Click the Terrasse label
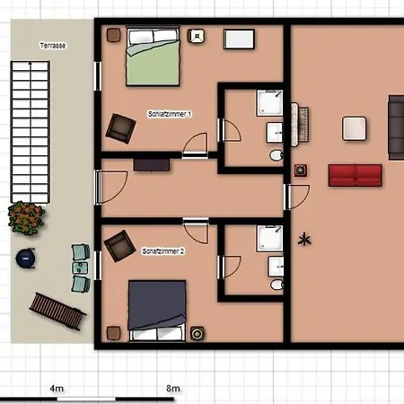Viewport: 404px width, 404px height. [53, 46]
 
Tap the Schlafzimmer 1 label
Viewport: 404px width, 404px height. [170, 114]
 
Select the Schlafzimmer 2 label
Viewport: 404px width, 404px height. [163, 251]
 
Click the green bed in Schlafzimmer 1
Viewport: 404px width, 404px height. [153, 57]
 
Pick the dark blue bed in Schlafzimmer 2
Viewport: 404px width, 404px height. [157, 310]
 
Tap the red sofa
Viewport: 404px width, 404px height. [355, 175]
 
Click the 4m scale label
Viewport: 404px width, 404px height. [57, 389]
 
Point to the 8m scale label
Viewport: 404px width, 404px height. [173, 389]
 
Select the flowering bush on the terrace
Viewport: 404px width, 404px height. [26, 217]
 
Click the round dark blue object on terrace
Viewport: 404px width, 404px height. [25, 259]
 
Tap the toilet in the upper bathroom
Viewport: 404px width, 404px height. [277, 155]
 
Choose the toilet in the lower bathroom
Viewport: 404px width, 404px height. [277, 285]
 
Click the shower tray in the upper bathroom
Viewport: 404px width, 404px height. [269, 103]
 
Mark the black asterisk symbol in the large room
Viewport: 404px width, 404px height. [304, 240]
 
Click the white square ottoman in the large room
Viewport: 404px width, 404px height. [355, 128]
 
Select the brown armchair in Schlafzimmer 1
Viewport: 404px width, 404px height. [120, 128]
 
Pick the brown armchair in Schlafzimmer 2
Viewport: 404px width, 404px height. [119, 246]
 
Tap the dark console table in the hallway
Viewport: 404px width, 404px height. [152, 165]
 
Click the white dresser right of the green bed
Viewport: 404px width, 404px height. [239, 39]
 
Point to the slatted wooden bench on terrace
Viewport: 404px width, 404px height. [57, 312]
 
